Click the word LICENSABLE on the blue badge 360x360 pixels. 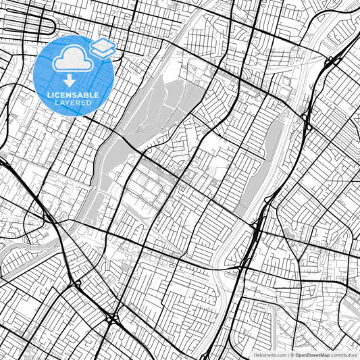click(73, 95)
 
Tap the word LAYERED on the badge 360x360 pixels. click(73, 103)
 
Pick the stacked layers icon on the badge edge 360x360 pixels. click(103, 47)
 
